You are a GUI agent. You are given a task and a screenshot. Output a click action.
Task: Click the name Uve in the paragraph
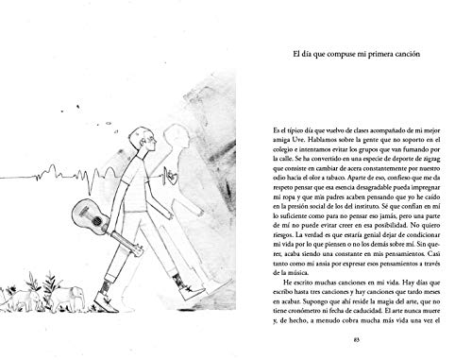point(281,138)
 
